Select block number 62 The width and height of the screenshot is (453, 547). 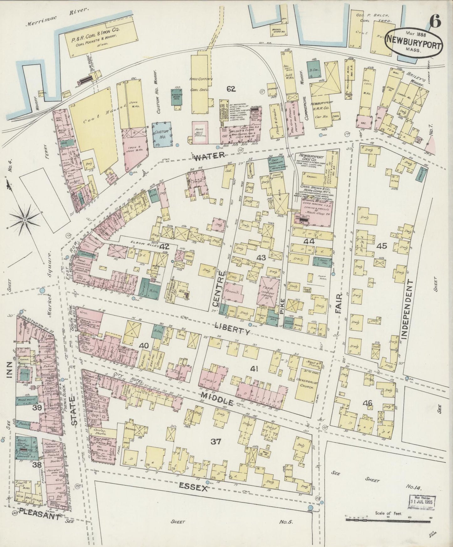(231, 89)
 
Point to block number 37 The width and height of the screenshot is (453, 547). (216, 442)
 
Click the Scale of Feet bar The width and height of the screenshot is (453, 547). (389, 520)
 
